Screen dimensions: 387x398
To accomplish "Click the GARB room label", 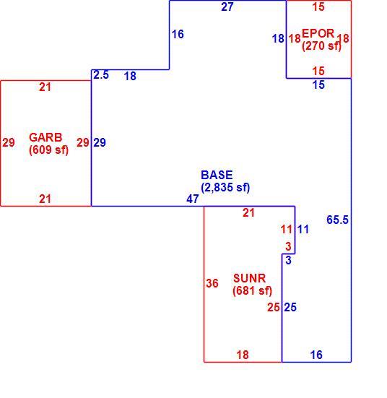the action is (x=45, y=137).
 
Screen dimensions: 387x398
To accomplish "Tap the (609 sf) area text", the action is (x=48, y=150).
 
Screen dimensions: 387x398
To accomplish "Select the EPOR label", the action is (x=318, y=33).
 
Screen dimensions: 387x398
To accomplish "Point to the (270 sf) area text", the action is (x=321, y=46).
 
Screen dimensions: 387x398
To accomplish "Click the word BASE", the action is (x=217, y=175).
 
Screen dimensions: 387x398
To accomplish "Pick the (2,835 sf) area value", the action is (x=225, y=188).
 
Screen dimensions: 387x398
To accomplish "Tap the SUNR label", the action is (x=250, y=278).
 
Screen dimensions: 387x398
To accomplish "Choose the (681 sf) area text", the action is (x=252, y=290).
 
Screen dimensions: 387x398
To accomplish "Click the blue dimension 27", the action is (x=227, y=7).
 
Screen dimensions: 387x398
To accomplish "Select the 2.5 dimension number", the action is (x=101, y=75).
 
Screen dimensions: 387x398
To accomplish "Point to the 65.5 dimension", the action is (x=337, y=220).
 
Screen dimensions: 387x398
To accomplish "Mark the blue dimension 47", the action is (x=193, y=199).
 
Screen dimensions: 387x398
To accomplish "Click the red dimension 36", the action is (x=212, y=283).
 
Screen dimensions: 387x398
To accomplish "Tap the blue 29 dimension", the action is (x=100, y=142).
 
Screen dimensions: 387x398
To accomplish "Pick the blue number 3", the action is (x=288, y=261).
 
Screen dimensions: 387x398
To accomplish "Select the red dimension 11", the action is (x=287, y=230).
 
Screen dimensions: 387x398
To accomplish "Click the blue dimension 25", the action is (x=290, y=308).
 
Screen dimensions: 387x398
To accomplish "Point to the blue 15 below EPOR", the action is (x=318, y=85).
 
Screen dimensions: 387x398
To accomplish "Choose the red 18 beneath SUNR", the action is (x=243, y=355).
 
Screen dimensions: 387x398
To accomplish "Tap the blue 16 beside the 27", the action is (x=178, y=34).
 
